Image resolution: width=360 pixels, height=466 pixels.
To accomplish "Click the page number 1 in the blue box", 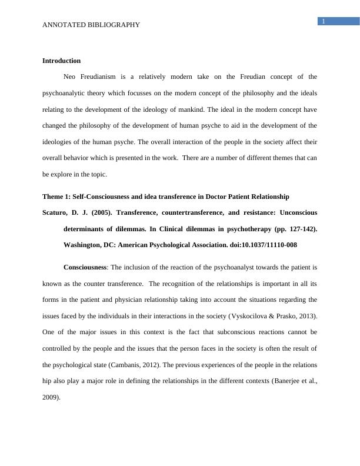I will (x=323, y=22).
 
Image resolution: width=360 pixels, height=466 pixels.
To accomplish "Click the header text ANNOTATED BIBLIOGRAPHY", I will (x=91, y=25).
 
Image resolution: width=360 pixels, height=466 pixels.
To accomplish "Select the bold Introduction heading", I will (x=61, y=61).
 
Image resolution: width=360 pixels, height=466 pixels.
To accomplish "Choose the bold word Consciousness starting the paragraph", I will (x=85, y=267).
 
